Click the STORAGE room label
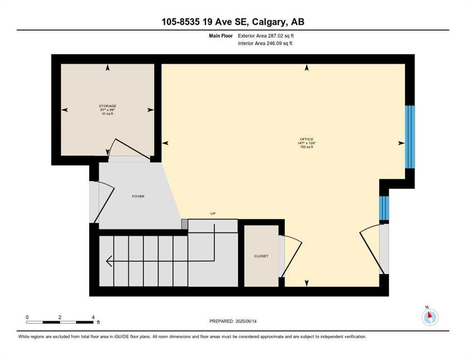107,106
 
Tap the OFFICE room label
307,139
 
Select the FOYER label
138,196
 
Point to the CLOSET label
261,256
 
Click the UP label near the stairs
213,213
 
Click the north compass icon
430,316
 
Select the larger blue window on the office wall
410,137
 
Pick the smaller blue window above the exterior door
384,208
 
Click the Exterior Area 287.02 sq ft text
266,36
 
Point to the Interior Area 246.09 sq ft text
265,44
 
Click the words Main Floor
221,36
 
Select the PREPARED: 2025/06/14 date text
233,322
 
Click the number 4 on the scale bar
93,317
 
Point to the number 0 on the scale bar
27,317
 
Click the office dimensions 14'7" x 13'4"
307,143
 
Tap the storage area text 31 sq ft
107,113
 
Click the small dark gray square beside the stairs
185,224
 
